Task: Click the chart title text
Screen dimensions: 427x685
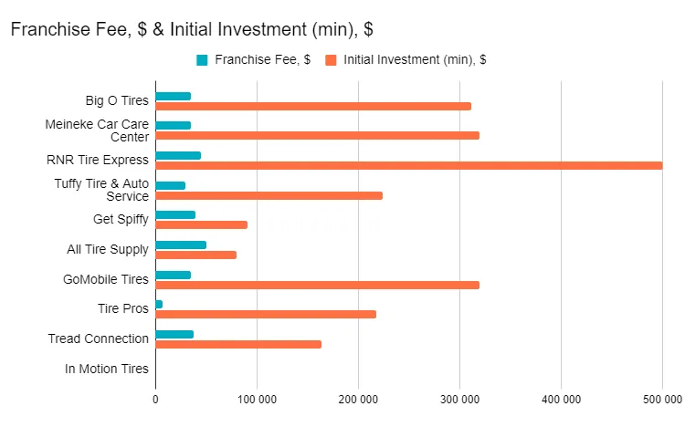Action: click(x=191, y=29)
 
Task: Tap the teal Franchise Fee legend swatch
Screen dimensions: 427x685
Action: click(x=202, y=60)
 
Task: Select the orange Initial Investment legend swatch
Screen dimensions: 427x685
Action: click(x=331, y=60)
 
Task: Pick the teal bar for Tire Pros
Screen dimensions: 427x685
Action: click(x=159, y=304)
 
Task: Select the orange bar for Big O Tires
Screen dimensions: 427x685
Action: click(x=313, y=106)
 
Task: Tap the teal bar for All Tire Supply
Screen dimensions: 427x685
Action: click(x=181, y=245)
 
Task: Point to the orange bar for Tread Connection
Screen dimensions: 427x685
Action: click(x=238, y=344)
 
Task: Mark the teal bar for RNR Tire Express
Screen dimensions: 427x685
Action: click(x=178, y=155)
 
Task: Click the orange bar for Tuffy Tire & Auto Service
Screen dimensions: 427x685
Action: click(x=269, y=195)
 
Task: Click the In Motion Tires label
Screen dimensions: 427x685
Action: click(x=106, y=369)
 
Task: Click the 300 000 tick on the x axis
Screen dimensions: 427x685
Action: click(x=459, y=399)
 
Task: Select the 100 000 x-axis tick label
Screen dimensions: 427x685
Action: click(x=257, y=399)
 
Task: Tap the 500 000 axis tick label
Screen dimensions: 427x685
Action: click(x=662, y=399)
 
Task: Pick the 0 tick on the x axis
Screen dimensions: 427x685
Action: click(x=155, y=399)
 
